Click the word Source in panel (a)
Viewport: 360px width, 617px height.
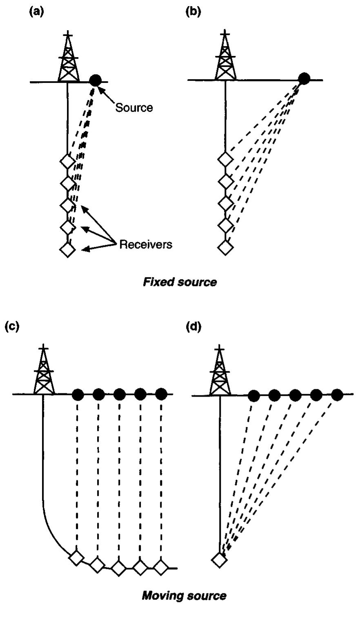[134, 107]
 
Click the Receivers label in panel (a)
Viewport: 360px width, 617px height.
[146, 244]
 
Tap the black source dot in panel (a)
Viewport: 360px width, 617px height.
[95, 80]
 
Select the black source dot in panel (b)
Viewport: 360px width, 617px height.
[304, 79]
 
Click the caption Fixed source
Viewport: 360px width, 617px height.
[180, 282]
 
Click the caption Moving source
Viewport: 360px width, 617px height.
[184, 595]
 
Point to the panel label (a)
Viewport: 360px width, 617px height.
[37, 12]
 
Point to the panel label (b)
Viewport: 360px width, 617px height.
[193, 12]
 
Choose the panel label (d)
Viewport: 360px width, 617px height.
[193, 326]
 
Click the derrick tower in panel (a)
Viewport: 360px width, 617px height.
[69, 59]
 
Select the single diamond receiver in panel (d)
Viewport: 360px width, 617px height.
[220, 560]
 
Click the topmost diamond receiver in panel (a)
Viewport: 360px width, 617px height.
[68, 161]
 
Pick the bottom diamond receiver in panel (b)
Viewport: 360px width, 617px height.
[225, 247]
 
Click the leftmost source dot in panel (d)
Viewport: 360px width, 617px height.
[253, 395]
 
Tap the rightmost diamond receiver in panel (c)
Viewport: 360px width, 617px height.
[160, 567]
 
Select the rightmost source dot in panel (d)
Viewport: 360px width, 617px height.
[337, 395]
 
